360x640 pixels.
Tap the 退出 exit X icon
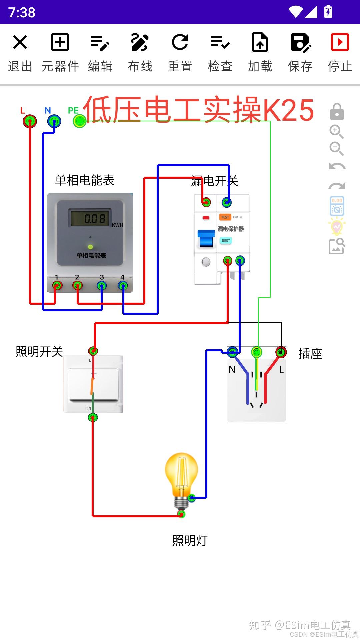(20, 42)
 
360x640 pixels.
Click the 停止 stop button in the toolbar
(340, 42)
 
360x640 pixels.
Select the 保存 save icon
(300, 42)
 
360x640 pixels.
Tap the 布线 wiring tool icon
(140, 42)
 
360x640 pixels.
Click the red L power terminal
(30, 121)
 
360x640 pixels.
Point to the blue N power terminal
(54, 121)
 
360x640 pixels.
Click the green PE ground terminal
(80, 121)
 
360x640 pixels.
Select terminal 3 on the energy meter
(102, 286)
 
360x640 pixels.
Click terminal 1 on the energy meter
(57, 286)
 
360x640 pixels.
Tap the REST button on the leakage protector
(226, 240)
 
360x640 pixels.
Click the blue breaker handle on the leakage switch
(206, 238)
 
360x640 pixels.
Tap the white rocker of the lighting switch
(93, 384)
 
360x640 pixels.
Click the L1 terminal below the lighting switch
(93, 417)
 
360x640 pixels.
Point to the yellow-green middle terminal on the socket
(256, 352)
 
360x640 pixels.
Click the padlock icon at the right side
(337, 112)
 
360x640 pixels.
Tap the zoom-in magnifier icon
(336, 132)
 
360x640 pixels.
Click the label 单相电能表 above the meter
(85, 180)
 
